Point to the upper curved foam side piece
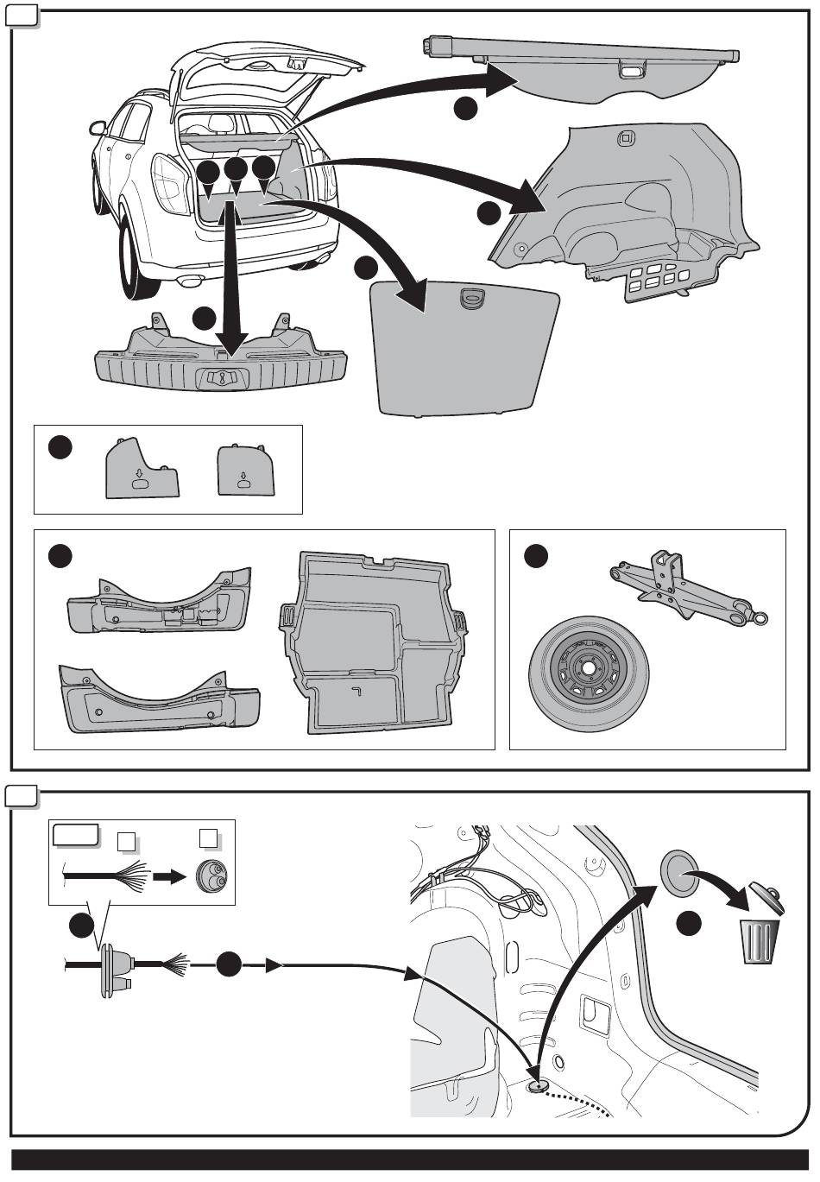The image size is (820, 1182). (160, 604)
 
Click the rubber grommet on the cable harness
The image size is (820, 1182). (113, 972)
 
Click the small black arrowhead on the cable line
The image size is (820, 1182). (274, 966)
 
